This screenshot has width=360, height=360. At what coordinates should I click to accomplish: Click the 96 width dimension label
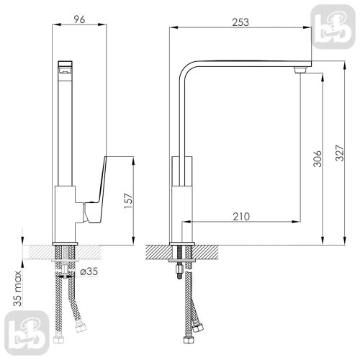click(x=79, y=19)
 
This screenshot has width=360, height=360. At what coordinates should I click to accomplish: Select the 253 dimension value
click(x=240, y=22)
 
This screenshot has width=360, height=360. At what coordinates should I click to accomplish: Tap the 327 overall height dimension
click(x=340, y=153)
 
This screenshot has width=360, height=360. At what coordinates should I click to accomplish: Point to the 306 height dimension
click(x=318, y=158)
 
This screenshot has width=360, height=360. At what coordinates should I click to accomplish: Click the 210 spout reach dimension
click(x=241, y=217)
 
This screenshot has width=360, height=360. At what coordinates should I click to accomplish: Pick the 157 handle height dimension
click(x=128, y=201)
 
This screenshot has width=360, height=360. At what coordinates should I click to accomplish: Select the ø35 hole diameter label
click(x=89, y=271)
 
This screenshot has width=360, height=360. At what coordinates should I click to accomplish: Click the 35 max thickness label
click(x=17, y=288)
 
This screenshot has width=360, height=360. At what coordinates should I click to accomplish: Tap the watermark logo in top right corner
click(x=333, y=27)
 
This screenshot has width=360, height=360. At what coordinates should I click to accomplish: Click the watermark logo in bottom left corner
click(x=27, y=333)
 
